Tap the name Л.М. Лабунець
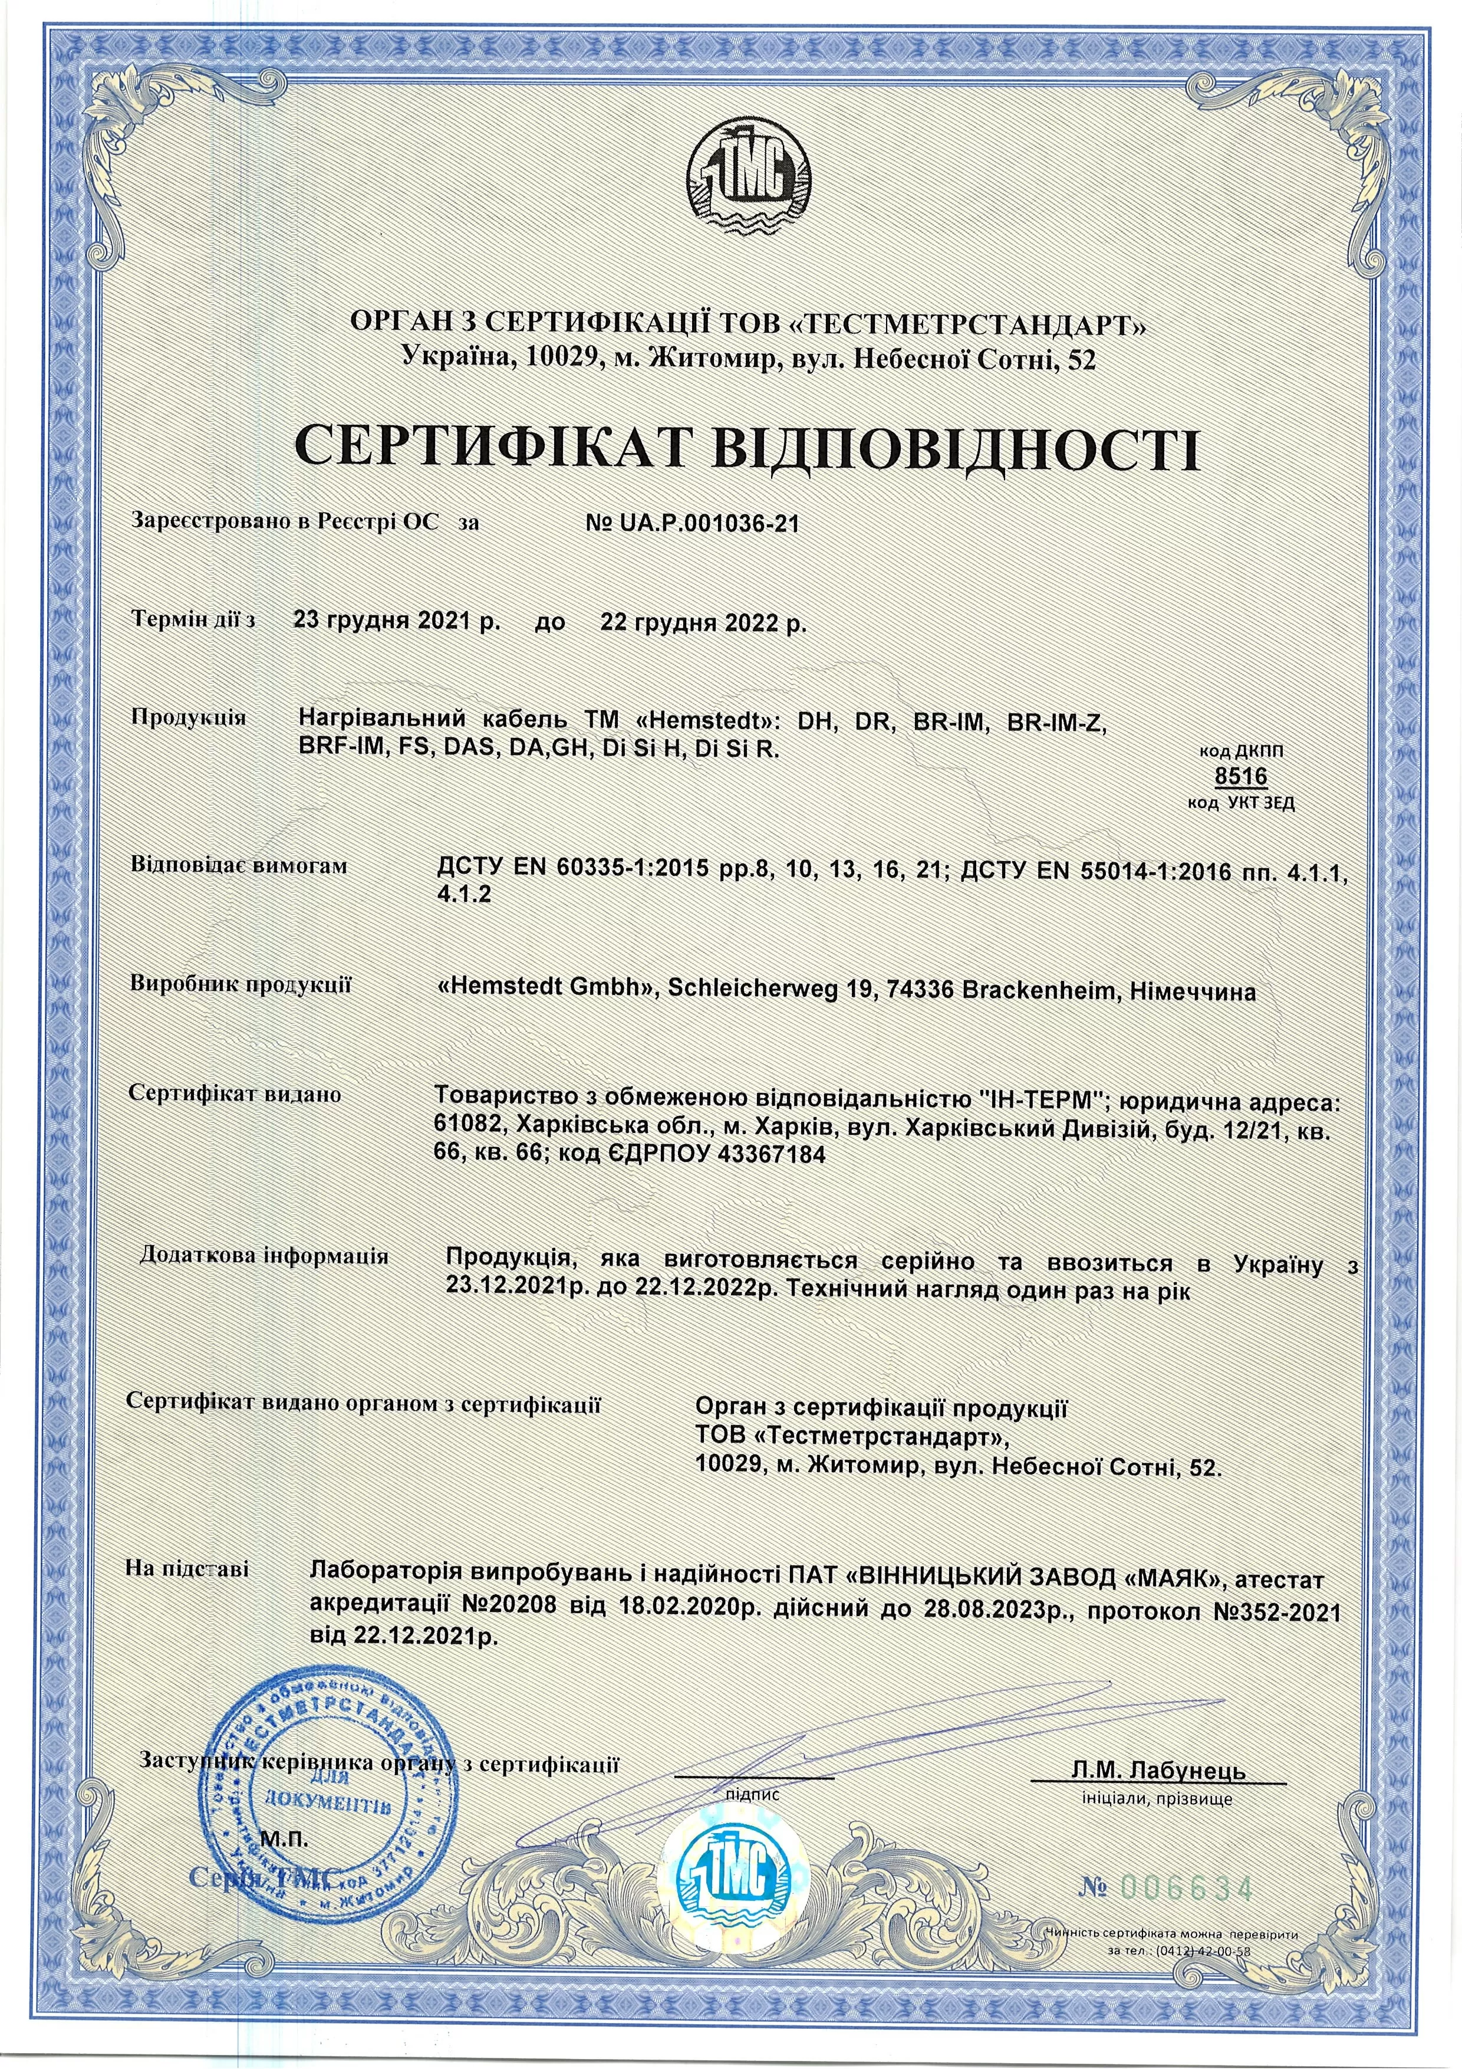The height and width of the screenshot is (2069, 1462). (x=1158, y=1770)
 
